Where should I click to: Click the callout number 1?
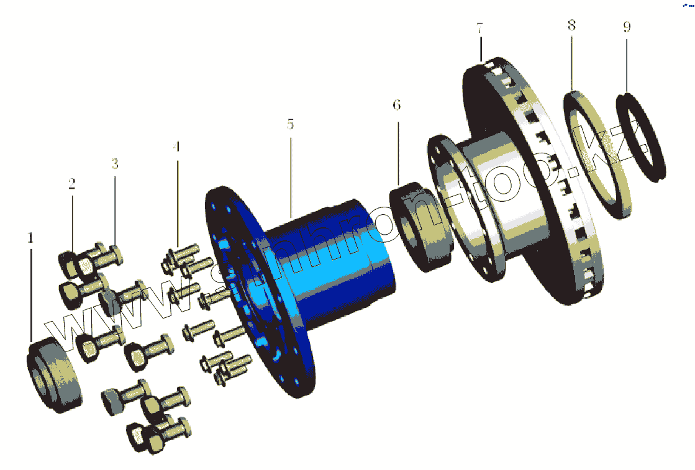coord(30,238)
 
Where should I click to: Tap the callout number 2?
coord(72,183)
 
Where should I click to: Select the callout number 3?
coord(115,164)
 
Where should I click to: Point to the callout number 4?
coord(177,147)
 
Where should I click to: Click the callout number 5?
coord(290,124)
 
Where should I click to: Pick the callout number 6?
coord(397,105)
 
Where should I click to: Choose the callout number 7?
coord(479,28)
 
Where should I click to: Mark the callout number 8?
coord(572,25)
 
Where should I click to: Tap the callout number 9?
coord(627,27)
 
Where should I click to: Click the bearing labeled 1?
coord(54,375)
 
